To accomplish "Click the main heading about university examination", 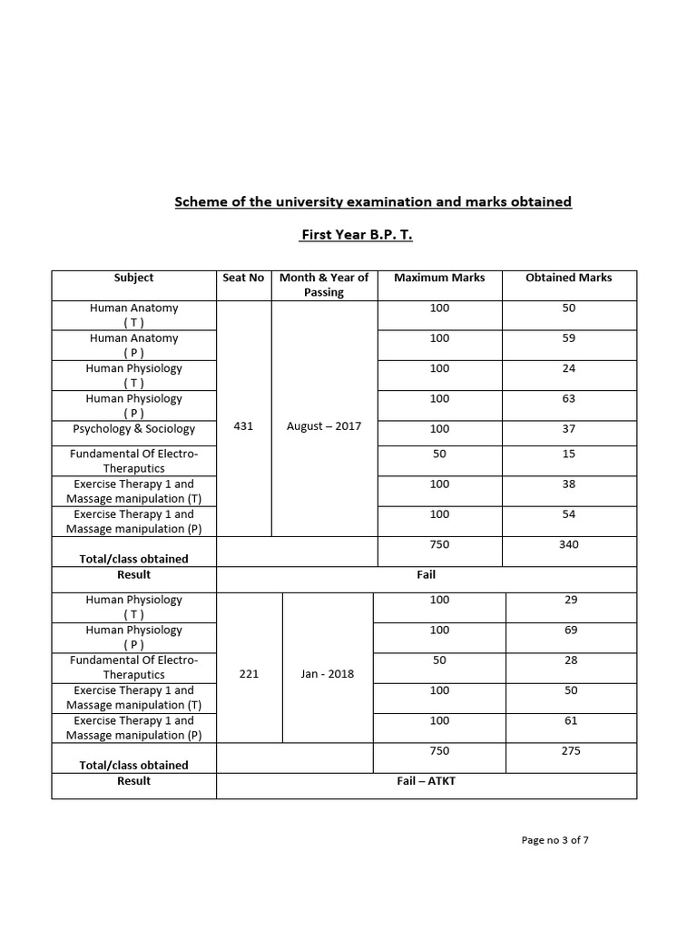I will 373,201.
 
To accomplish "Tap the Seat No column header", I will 243,278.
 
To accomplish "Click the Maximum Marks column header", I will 439,278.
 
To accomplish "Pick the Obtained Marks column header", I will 569,278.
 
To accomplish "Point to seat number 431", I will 243,425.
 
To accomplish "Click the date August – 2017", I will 324,425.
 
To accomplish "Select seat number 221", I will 249,674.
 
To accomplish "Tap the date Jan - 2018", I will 327,674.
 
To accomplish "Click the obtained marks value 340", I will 569,544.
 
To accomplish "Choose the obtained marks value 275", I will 571,750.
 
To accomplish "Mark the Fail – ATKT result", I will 427,780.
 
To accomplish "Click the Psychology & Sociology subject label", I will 134,429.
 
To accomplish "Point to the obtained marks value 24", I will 569,368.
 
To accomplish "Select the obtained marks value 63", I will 569,398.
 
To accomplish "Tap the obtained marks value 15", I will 569,454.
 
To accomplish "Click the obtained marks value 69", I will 571,630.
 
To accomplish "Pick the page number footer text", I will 555,840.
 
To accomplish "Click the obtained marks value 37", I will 569,429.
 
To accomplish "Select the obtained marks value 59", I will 569,338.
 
